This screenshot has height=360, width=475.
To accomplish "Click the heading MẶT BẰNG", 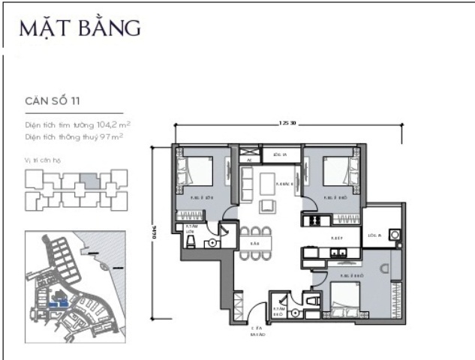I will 80,28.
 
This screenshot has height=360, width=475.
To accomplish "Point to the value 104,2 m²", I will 110,125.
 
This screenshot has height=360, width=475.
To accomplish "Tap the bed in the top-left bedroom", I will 197,174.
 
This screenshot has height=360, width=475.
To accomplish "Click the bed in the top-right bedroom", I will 338,174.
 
